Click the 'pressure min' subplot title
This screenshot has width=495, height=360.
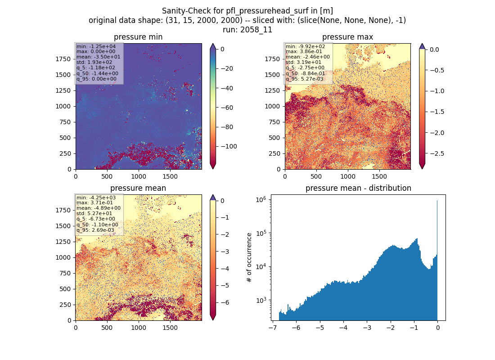[x=138, y=37]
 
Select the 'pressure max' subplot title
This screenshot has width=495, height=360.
[x=347, y=37]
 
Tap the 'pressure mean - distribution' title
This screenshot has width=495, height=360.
[x=358, y=188]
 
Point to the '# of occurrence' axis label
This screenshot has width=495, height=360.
[x=249, y=258]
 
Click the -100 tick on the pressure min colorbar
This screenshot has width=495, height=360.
[x=229, y=147]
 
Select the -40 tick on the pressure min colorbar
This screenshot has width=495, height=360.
[x=227, y=88]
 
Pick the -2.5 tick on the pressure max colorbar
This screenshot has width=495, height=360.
[x=437, y=153]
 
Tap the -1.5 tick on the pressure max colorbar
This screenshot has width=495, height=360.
[x=437, y=112]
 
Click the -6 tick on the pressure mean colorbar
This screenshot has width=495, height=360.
[x=225, y=302]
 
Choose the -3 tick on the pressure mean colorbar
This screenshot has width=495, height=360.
[x=225, y=252]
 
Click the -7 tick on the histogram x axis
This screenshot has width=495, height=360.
[x=272, y=328]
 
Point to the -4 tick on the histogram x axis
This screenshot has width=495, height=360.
[x=343, y=328]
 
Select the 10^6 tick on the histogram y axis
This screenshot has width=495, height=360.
[x=261, y=200]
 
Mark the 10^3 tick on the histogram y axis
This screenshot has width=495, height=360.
[x=261, y=300]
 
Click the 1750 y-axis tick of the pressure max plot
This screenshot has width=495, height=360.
[x=272, y=59]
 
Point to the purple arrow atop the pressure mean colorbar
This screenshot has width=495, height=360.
[x=213, y=198]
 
